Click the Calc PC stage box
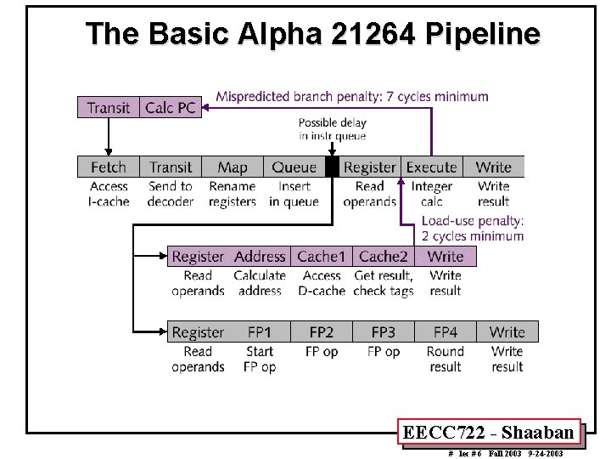pyautogui.click(x=171, y=107)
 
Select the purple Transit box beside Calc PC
pyautogui.click(x=109, y=107)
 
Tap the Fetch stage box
pyautogui.click(x=108, y=167)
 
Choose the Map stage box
pyautogui.click(x=232, y=167)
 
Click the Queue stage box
pyautogui.click(x=294, y=167)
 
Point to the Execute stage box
pyautogui.click(x=431, y=167)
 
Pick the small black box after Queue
pyautogui.click(x=332, y=167)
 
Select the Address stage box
pyautogui.click(x=260, y=257)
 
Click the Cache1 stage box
pyautogui.click(x=322, y=257)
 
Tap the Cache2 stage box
pyautogui.click(x=384, y=257)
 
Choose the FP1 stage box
pyautogui.click(x=260, y=332)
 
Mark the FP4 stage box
pyautogui.click(x=446, y=332)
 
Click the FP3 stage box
pyautogui.click(x=384, y=332)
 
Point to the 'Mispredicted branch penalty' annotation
pyautogui.click(x=352, y=96)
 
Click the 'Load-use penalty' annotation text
pyautogui.click(x=473, y=229)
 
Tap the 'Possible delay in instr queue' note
pyautogui.click(x=332, y=129)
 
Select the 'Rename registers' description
pyautogui.click(x=232, y=194)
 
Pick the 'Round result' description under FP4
pyautogui.click(x=446, y=359)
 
